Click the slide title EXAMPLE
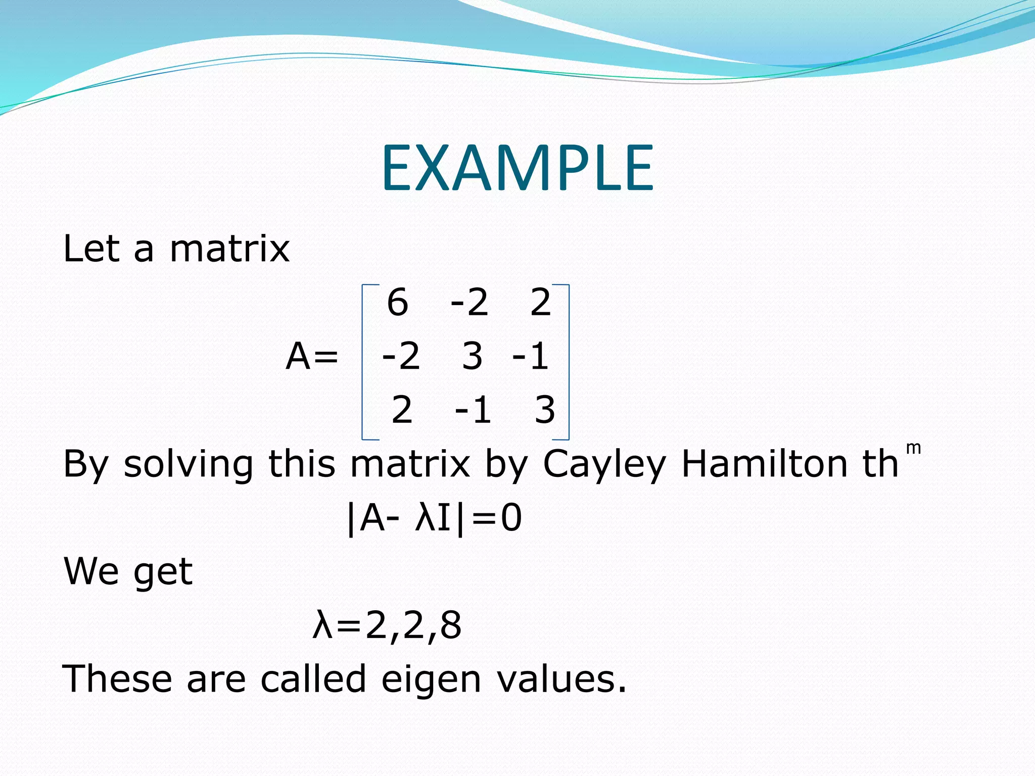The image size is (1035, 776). click(x=517, y=168)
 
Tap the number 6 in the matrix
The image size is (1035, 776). click(x=398, y=303)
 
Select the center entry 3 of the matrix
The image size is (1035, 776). click(x=472, y=356)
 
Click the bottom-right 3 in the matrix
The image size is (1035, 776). click(x=545, y=410)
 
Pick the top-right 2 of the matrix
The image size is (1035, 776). click(x=540, y=303)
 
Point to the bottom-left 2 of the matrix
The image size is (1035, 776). click(x=402, y=410)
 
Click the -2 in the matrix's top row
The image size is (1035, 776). click(x=469, y=303)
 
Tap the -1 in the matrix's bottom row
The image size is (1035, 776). click(x=473, y=410)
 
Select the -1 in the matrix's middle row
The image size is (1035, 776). click(x=531, y=356)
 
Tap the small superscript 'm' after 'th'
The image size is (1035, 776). click(x=913, y=448)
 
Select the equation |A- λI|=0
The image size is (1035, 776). click(x=434, y=518)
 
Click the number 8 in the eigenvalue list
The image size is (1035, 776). click(x=451, y=625)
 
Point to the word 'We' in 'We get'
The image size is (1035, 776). click(x=91, y=571)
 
